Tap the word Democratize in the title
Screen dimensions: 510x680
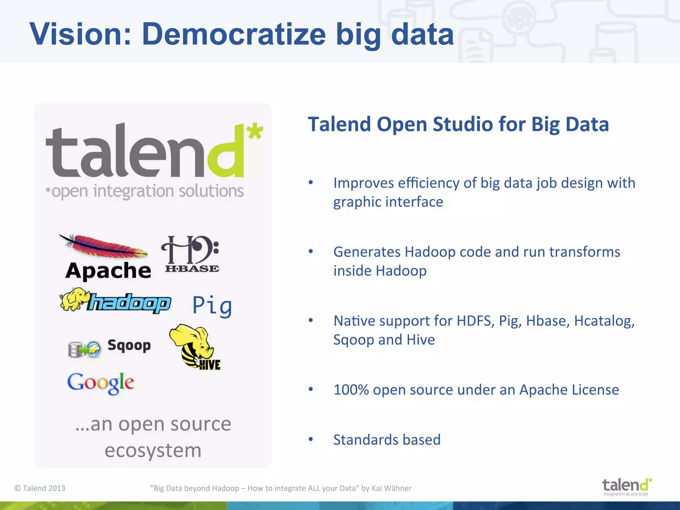[x=234, y=34]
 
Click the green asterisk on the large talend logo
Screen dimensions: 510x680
[x=255, y=131]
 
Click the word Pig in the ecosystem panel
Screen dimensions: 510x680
[x=212, y=305]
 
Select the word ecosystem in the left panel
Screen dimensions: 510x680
[x=153, y=451]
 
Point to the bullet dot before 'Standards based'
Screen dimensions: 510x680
[x=311, y=439]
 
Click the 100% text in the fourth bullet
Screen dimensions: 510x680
[x=351, y=390]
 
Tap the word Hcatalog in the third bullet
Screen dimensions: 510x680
[x=604, y=321]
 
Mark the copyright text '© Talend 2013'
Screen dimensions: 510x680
[x=40, y=488]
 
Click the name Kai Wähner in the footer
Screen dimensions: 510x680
[x=391, y=488]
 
